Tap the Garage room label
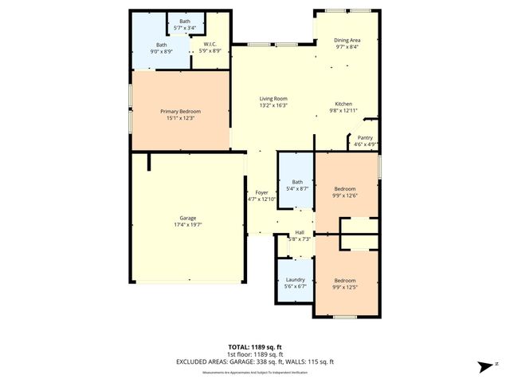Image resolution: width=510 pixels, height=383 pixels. [187, 218]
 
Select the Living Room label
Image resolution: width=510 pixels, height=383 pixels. [273, 98]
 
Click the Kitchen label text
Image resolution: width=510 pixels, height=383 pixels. [343, 105]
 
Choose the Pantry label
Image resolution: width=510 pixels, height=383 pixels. [365, 137]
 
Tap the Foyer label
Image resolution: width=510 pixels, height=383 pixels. [261, 192]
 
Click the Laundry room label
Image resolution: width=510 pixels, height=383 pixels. [296, 280]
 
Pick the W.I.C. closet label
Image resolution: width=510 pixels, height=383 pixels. [211, 45]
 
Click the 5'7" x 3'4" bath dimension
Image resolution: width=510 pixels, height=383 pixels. [185, 28]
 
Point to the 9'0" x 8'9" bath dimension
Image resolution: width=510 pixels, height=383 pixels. [162, 52]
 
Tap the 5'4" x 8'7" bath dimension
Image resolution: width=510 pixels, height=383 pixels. [297, 188]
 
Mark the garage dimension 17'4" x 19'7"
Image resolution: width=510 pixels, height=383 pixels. [187, 225]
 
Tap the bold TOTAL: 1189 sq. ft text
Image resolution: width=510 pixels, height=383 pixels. [255, 347]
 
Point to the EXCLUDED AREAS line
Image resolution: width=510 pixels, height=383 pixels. [255, 361]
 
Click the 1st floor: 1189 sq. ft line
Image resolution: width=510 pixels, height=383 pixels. [255, 354]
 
